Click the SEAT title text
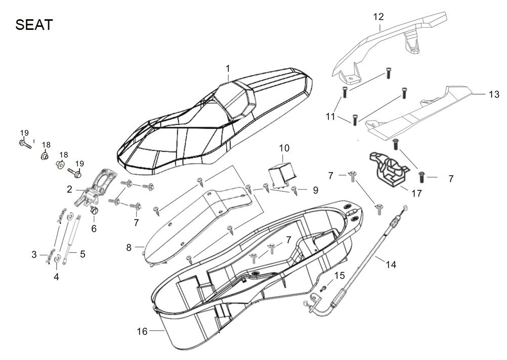[34, 25]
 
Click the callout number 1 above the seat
[228, 68]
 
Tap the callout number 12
[378, 17]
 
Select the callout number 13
[494, 94]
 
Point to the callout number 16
[142, 332]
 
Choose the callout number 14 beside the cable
[391, 264]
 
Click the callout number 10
[284, 148]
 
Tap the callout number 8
[129, 248]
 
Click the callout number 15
[340, 275]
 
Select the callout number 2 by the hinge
[69, 190]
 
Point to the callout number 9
[315, 190]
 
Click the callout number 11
[330, 117]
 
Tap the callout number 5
[82, 255]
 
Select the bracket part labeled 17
[390, 168]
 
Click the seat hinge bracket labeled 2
[99, 187]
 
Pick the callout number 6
[94, 228]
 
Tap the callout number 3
[34, 255]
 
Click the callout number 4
[56, 276]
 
